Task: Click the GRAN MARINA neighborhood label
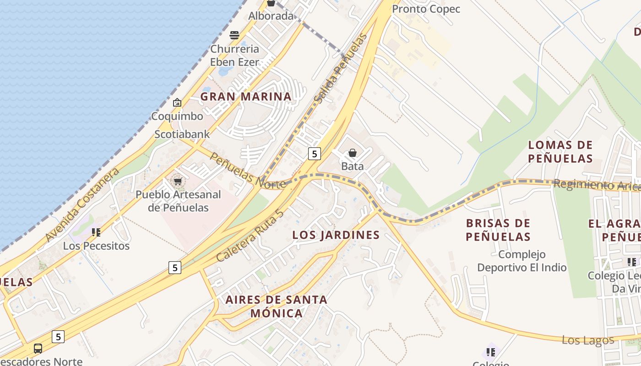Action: click(246, 97)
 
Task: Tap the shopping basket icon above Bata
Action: click(353, 153)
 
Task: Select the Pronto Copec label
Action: click(426, 9)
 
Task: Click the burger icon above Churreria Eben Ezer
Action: click(234, 35)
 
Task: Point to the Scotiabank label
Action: click(182, 134)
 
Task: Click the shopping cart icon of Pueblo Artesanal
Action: click(178, 181)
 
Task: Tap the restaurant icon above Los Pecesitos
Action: click(96, 232)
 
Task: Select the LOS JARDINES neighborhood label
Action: click(336, 235)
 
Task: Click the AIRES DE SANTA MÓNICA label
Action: click(277, 307)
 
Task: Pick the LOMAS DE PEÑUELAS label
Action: click(560, 152)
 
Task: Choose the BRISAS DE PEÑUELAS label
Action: click(498, 230)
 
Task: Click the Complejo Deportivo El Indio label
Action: click(522, 261)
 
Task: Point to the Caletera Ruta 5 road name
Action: click(250, 236)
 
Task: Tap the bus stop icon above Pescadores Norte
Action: click(38, 349)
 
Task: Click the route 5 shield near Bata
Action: click(314, 154)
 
